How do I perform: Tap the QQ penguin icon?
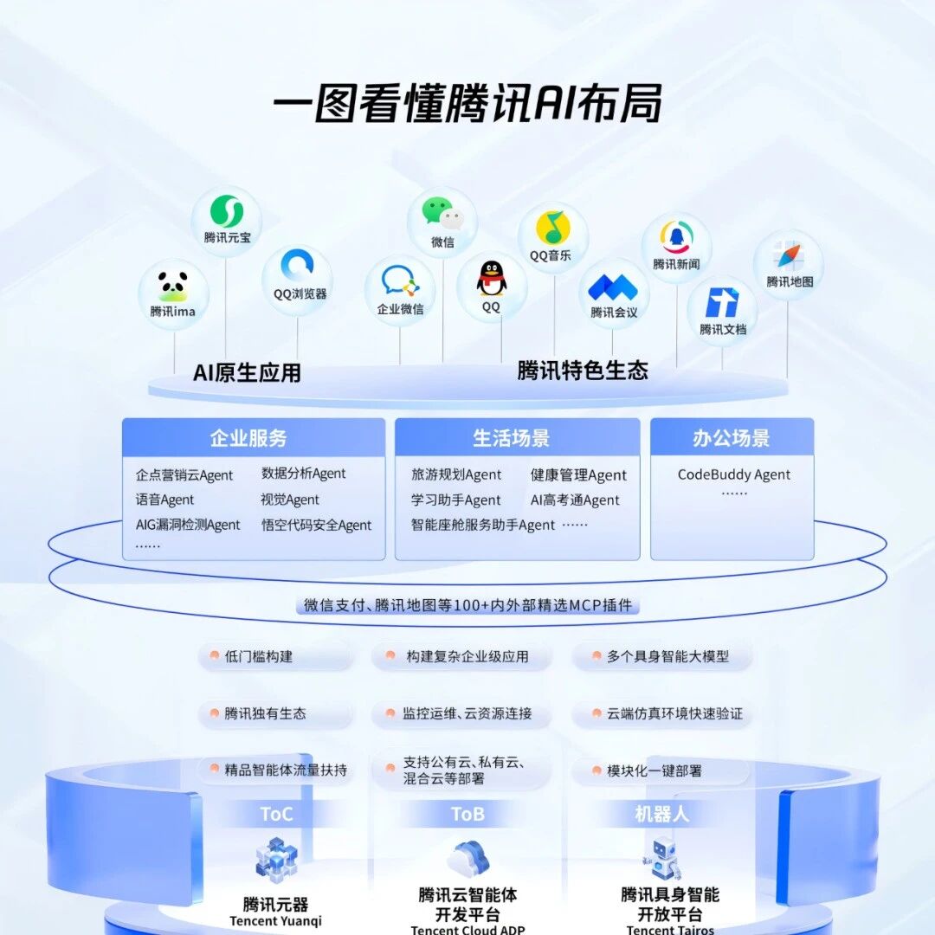[x=491, y=279]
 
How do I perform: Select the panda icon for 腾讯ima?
[x=172, y=286]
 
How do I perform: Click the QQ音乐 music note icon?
[x=553, y=229]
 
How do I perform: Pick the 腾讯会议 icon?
[x=613, y=287]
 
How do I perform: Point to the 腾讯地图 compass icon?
[x=789, y=256]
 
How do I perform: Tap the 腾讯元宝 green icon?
[x=227, y=212]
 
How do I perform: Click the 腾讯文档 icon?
[x=722, y=303]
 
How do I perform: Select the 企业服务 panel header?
[x=253, y=438]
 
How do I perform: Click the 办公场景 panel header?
[x=732, y=438]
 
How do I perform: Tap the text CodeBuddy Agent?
[x=733, y=474]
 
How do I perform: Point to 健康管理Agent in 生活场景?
[x=578, y=474]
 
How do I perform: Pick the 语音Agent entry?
[x=164, y=500]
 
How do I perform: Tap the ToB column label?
[x=467, y=814]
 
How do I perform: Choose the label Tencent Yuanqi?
[x=275, y=921]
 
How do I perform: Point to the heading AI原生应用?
[x=247, y=373]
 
